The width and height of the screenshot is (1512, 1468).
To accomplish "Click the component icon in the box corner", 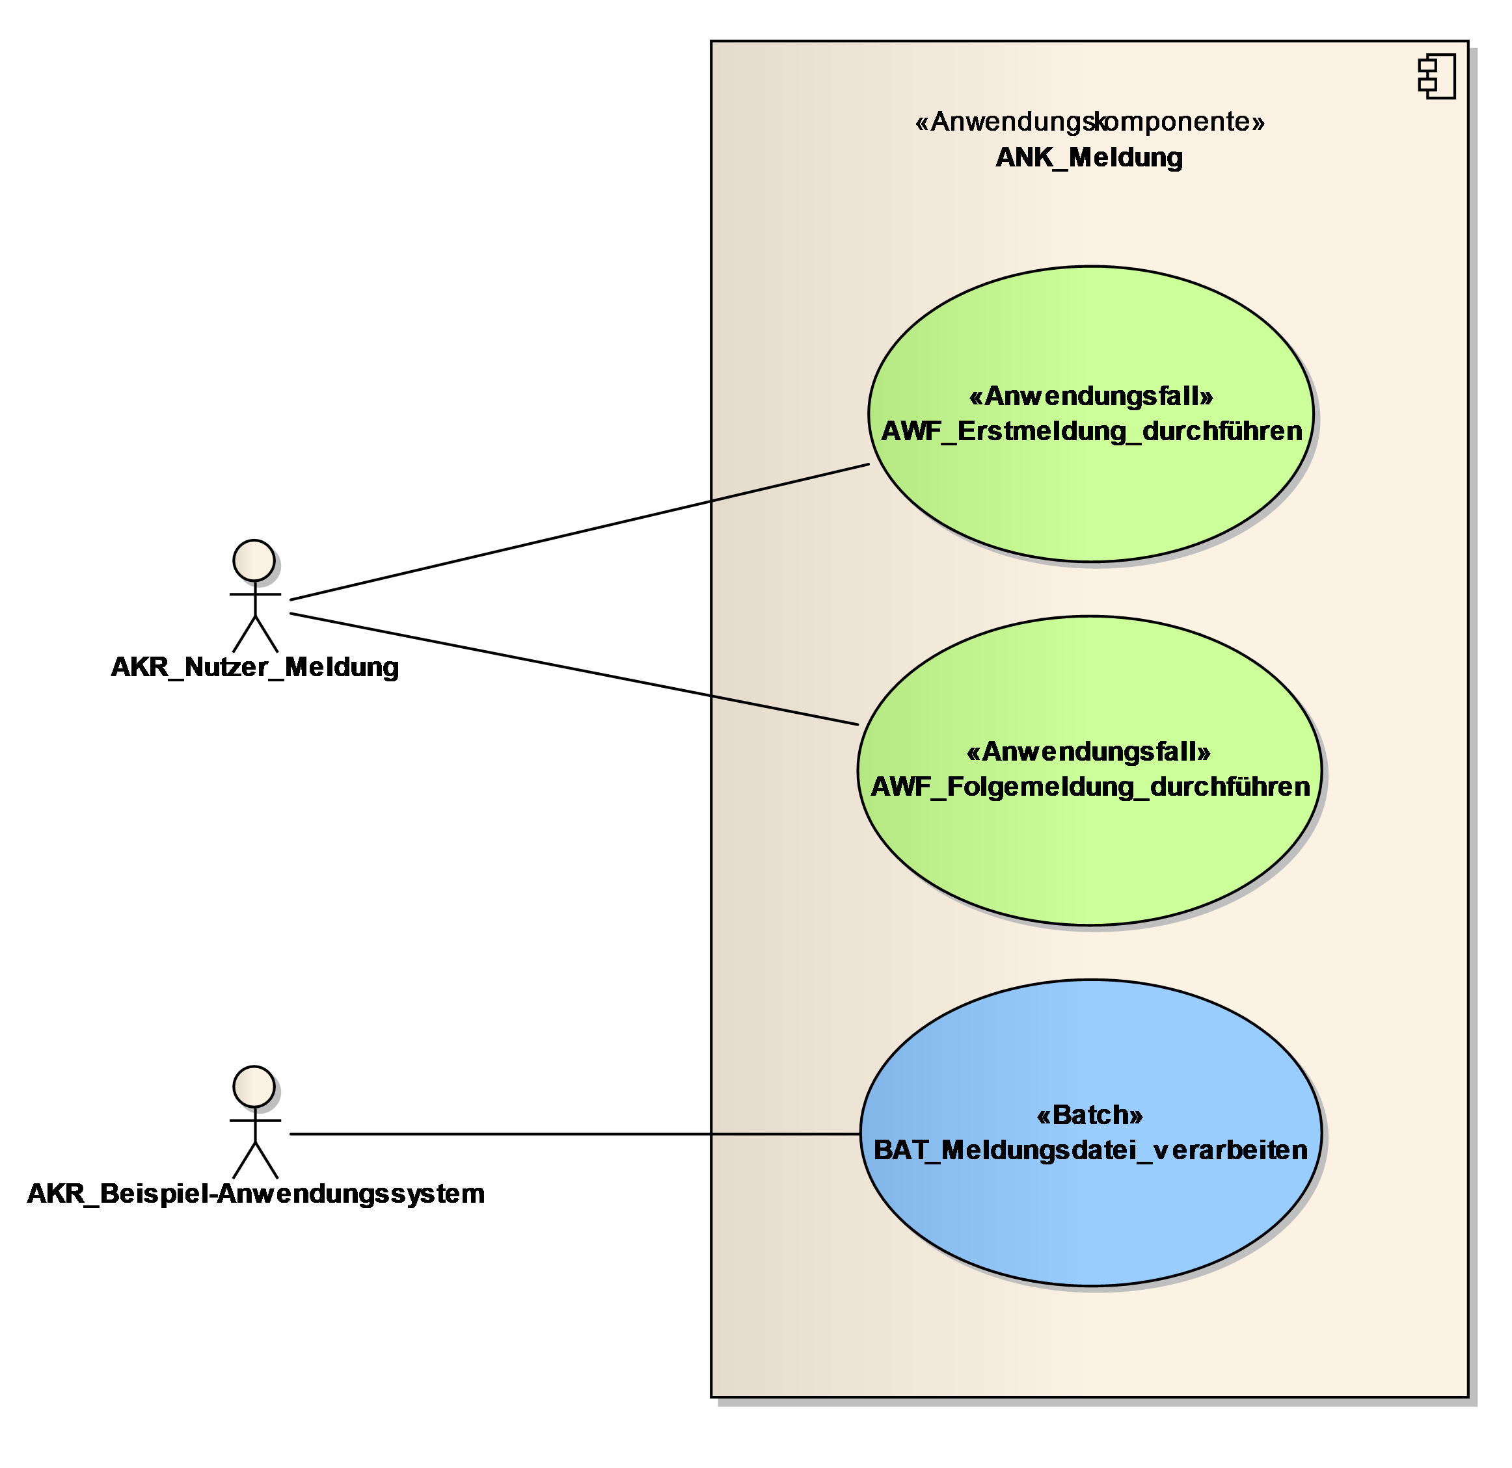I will coord(1437,76).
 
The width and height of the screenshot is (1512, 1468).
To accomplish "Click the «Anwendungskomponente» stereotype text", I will coord(1089,122).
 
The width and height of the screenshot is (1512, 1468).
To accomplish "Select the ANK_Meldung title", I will coord(1088,157).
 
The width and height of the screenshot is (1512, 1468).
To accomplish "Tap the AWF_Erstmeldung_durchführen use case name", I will coord(1091,431).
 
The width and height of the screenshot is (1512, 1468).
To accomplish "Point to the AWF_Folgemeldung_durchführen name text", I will coord(1090,787).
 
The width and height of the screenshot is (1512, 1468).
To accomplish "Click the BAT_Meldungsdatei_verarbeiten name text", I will coord(1090,1149).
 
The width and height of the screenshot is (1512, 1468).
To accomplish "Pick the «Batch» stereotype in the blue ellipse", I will coord(1089,1115).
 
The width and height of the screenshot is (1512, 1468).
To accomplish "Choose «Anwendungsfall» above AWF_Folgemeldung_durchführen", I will coord(1088,751).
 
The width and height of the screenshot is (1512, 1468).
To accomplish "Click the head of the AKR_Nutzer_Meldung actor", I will coord(254,560).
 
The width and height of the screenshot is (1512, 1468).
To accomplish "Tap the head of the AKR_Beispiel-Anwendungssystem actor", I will coord(254,1086).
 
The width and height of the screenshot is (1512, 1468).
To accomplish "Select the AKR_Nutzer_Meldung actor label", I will coord(255,667).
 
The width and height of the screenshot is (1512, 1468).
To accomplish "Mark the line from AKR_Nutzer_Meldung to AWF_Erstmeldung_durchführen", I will coord(578,532).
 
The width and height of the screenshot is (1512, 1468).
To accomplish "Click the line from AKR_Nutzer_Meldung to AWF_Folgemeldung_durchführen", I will coord(574,669).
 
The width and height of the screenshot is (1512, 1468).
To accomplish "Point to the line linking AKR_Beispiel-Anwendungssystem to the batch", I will coord(574,1134).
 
